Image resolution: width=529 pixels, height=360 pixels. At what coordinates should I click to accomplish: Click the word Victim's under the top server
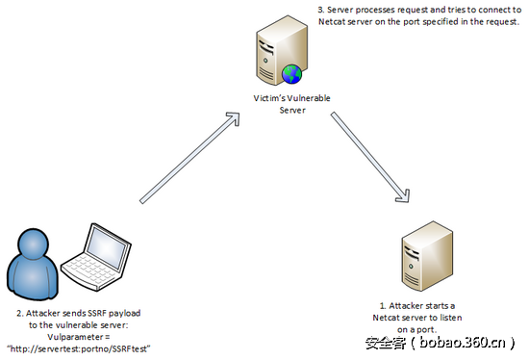pyautogui.click(x=261, y=96)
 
